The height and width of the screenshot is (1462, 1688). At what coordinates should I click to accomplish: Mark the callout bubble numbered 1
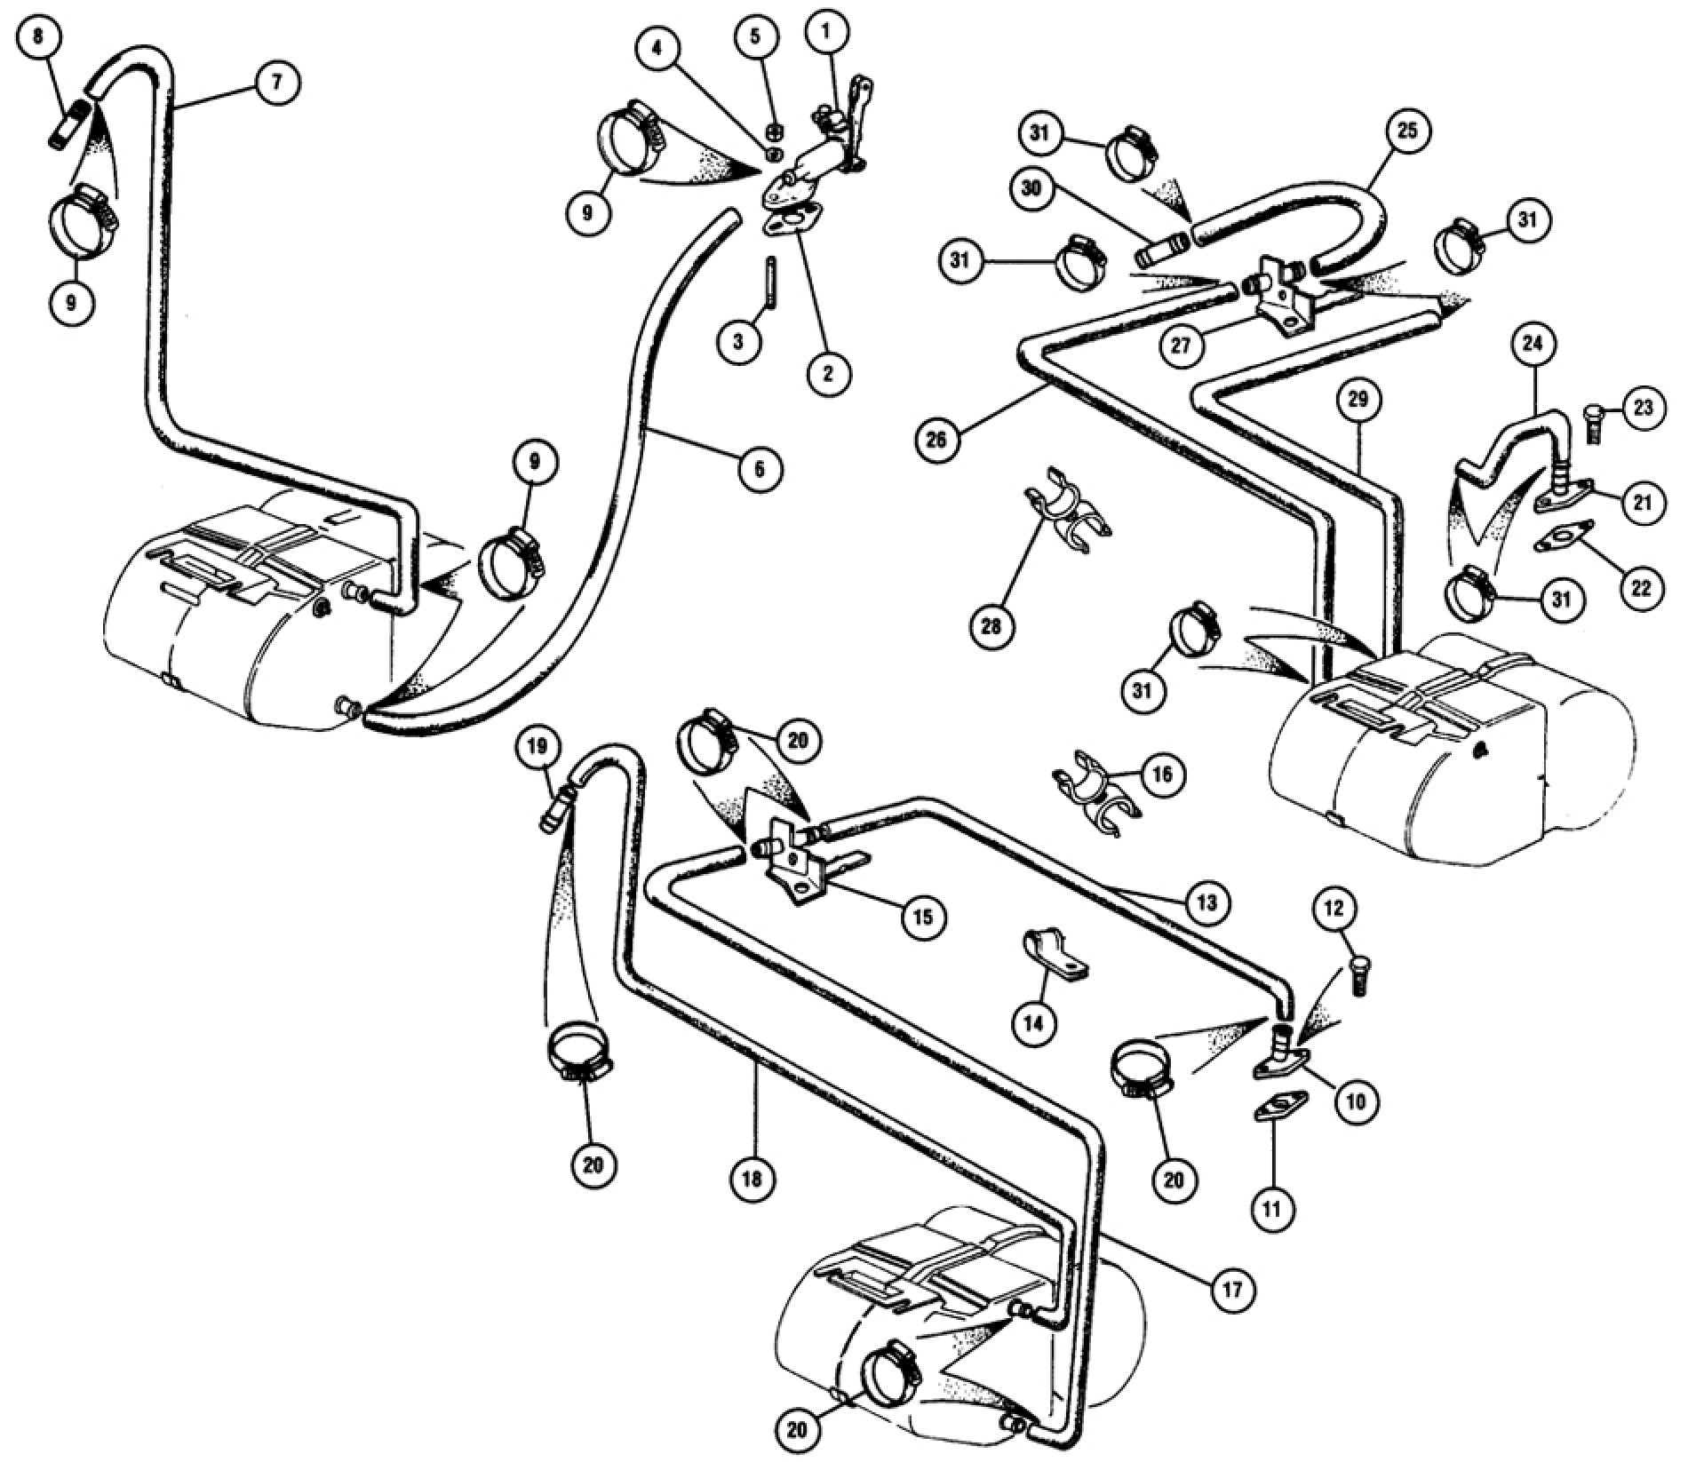coord(826,32)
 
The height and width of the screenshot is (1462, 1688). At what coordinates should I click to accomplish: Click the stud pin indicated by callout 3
coord(771,280)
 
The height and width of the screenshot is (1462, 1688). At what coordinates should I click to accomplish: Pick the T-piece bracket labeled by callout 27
coord(1279,298)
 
